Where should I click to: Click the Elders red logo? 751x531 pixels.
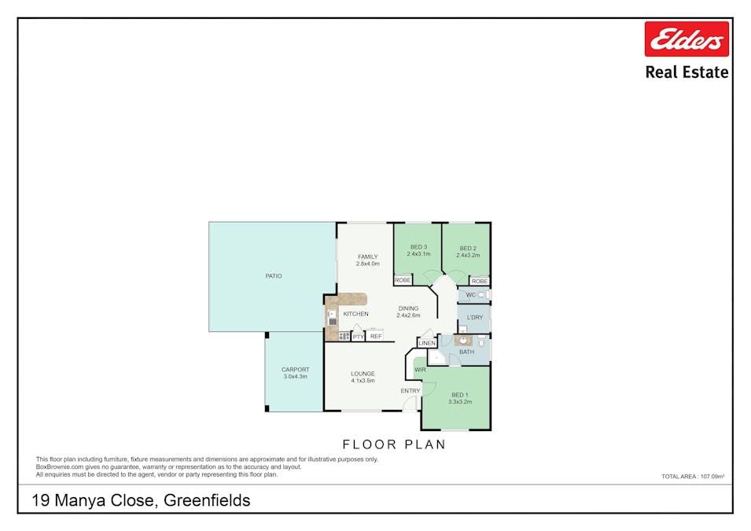tap(686, 39)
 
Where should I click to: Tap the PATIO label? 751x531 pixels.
tap(273, 276)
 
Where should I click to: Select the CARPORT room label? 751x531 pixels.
tap(295, 370)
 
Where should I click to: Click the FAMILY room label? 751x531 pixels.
tap(367, 256)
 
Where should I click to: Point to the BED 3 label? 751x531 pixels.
tap(418, 247)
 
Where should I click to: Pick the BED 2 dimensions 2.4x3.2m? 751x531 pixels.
tap(468, 255)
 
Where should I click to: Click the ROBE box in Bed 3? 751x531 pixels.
tap(403, 280)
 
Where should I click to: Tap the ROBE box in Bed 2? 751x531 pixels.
tap(479, 281)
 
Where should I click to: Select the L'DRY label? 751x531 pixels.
tap(474, 318)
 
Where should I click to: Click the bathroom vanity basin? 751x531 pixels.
tap(464, 341)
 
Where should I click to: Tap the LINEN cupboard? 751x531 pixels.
tap(427, 343)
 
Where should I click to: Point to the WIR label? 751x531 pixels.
tap(419, 369)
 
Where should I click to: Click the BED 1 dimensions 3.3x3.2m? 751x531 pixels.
tap(459, 402)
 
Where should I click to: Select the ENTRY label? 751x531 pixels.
tap(410, 391)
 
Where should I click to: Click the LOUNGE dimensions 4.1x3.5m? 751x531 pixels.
tap(363, 381)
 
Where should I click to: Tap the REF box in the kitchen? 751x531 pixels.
tap(375, 336)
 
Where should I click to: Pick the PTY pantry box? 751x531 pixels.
tap(358, 336)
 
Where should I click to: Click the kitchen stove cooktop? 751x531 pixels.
tap(344, 336)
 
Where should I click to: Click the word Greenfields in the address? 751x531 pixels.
tap(207, 500)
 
